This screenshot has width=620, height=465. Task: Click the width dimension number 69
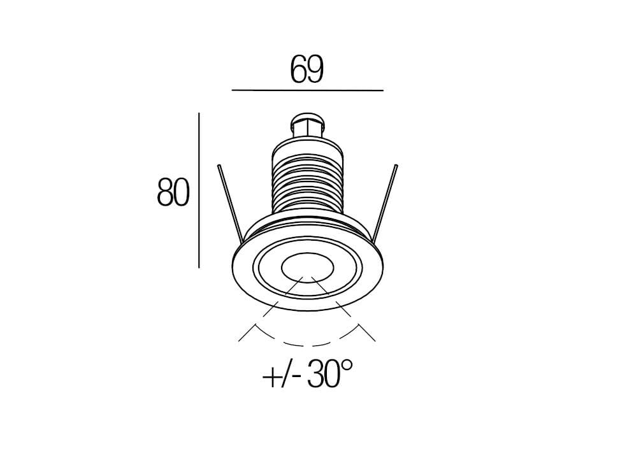point(307,70)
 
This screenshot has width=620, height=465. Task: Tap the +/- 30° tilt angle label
point(307,374)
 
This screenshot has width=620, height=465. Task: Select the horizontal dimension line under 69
point(307,91)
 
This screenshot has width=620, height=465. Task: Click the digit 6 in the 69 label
point(298,70)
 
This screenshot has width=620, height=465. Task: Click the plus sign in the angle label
point(271,376)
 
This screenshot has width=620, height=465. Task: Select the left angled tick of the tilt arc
point(247,332)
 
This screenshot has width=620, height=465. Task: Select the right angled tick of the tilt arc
point(366,332)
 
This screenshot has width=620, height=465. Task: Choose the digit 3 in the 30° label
point(317,374)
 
